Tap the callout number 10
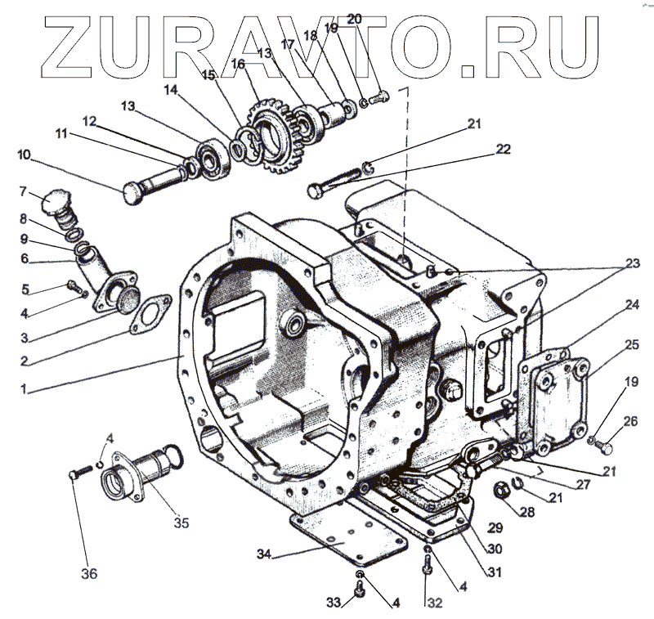pos(23,154)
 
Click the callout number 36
pos(90,573)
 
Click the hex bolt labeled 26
pos(604,447)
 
